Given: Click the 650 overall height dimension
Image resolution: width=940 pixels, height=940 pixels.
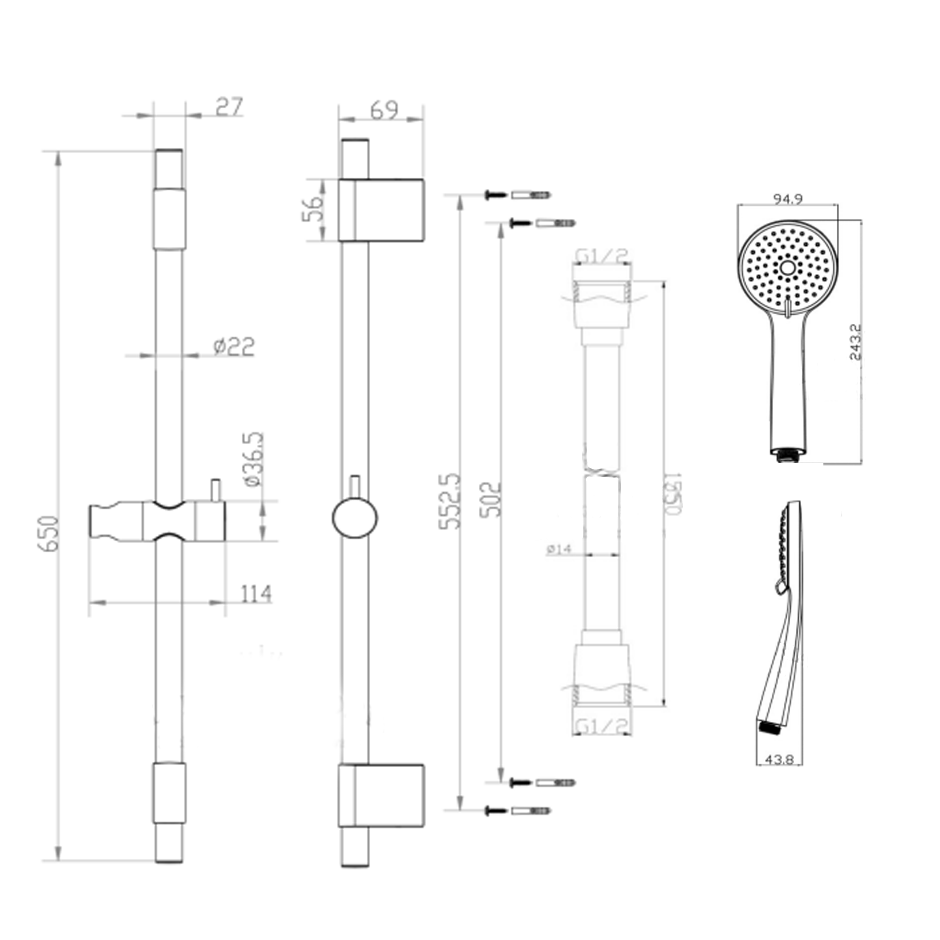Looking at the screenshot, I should tap(50, 534).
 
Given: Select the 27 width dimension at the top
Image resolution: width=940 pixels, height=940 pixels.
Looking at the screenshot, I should tap(229, 107).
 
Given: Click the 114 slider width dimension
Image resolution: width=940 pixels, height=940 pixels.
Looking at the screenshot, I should tap(256, 593).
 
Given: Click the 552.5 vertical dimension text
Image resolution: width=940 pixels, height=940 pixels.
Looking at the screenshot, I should tap(449, 501).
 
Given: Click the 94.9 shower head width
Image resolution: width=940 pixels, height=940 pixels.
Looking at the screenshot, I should tap(788, 199).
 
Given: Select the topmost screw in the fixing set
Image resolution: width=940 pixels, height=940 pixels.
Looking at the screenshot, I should tap(495, 195).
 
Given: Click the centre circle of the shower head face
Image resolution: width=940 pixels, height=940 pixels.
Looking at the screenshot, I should tap(787, 268).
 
